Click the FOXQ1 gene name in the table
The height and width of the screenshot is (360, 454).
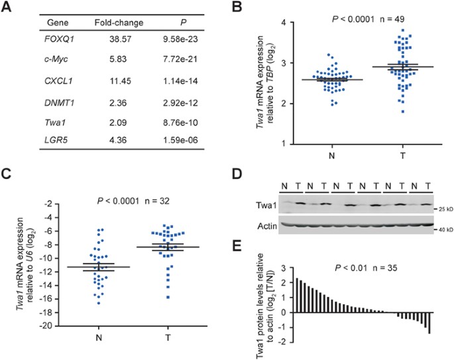(x=60, y=39)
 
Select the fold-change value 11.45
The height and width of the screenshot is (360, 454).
(x=120, y=81)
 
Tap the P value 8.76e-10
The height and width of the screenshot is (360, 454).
(x=180, y=123)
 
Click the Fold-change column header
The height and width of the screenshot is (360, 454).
(x=119, y=23)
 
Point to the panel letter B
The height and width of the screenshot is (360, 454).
(x=237, y=7)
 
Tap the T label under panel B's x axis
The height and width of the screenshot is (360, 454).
(x=403, y=156)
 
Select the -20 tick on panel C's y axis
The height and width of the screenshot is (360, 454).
(x=46, y=326)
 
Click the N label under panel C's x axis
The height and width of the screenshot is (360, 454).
(x=99, y=337)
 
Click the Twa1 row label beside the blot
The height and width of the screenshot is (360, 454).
(x=266, y=206)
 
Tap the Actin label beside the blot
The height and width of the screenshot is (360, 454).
(x=267, y=226)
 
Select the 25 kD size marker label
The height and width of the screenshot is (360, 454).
(x=445, y=209)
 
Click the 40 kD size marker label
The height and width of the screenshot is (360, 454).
(x=445, y=230)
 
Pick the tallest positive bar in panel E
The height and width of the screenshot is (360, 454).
(x=297, y=296)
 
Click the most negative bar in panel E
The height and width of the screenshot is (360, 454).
(x=429, y=323)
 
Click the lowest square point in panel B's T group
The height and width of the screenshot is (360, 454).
(x=403, y=111)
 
